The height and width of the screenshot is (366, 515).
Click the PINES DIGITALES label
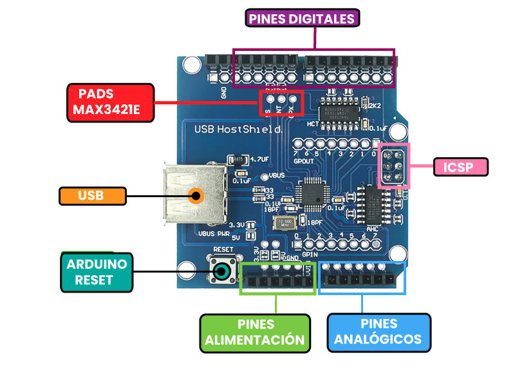pyautogui.click(x=302, y=18)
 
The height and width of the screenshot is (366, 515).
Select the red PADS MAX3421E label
pyautogui.click(x=111, y=102)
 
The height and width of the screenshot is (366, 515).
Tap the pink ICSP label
pyautogui.click(x=460, y=168)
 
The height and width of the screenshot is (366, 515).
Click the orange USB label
pyautogui.click(x=91, y=195)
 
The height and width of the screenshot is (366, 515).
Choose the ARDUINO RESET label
pyautogui.click(x=97, y=271)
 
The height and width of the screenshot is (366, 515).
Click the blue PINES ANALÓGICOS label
pyautogui.click(x=379, y=332)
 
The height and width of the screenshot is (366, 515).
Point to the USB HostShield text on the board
pyautogui.click(x=238, y=129)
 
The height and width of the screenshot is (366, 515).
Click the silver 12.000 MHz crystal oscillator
pyautogui.click(x=283, y=223)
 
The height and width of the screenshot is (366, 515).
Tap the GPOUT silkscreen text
pyautogui.click(x=303, y=161)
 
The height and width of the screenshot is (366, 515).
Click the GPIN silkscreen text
pyautogui.click(x=310, y=254)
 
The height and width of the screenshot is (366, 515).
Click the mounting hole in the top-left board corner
pyautogui.click(x=191, y=64)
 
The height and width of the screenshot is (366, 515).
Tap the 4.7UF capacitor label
pyautogui.click(x=258, y=159)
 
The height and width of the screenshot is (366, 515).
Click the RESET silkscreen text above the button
pyautogui.click(x=222, y=248)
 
